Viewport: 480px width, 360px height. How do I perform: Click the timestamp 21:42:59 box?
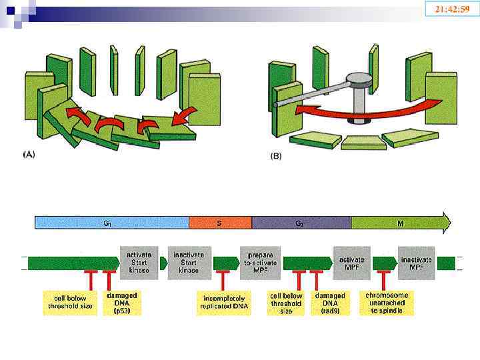coord(452,9)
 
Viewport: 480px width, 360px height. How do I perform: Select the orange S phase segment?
coord(220,223)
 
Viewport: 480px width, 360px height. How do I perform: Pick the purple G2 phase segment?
coord(301,223)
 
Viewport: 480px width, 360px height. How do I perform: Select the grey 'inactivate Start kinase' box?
coord(190,262)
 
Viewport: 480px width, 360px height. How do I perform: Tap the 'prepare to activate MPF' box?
coord(261,262)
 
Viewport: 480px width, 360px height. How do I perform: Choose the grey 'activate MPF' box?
coord(351,262)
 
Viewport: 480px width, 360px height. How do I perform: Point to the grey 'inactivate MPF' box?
coord(417,262)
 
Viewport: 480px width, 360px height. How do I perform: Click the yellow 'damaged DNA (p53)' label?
coord(123,302)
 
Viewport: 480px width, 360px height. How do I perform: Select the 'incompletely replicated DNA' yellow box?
coord(222,302)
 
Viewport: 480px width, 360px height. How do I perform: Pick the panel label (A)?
coord(29,154)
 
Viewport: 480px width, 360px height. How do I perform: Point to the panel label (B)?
coord(275,156)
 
